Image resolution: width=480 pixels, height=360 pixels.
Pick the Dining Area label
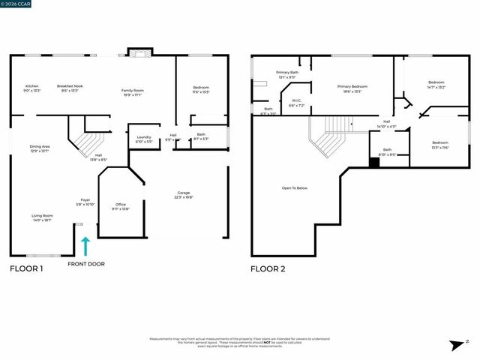click(40, 148)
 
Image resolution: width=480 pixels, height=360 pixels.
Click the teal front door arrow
click(86, 245)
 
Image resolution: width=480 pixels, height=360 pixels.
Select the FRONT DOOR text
click(86, 264)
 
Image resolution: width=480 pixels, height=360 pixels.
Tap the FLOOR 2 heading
click(268, 268)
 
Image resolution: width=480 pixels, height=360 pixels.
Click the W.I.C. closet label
click(297, 103)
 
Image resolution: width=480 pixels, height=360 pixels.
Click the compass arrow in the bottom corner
click(454, 344)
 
